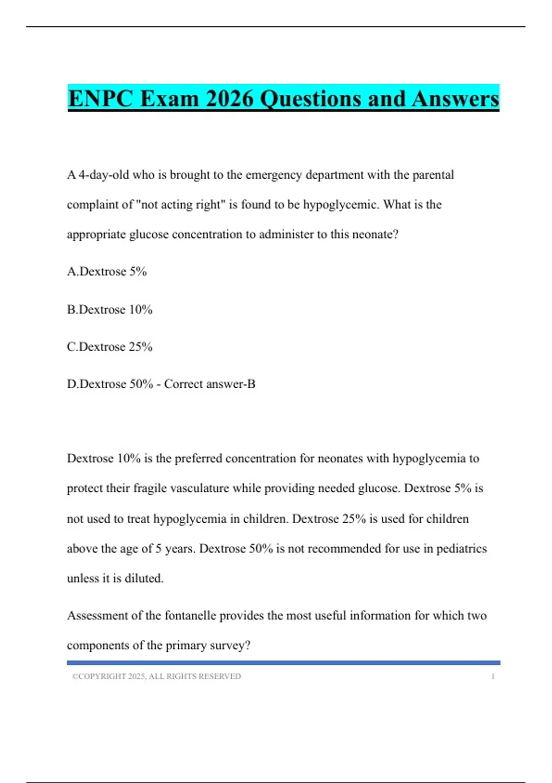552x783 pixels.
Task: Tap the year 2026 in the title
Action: (230, 99)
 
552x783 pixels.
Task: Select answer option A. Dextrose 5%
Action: (107, 272)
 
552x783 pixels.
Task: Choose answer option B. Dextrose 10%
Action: (109, 310)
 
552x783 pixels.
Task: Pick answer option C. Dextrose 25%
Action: (109, 347)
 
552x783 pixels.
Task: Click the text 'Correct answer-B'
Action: (210, 384)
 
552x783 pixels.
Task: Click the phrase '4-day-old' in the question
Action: (103, 175)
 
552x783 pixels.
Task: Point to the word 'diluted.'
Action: (144, 578)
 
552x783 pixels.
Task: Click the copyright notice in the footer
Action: (156, 677)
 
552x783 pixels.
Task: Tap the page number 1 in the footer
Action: (493, 677)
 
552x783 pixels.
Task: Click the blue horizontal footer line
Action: (283, 663)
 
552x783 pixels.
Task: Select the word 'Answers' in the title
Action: (455, 99)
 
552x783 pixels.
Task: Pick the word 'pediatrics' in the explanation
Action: (461, 549)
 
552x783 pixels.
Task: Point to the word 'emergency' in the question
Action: (274, 175)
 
